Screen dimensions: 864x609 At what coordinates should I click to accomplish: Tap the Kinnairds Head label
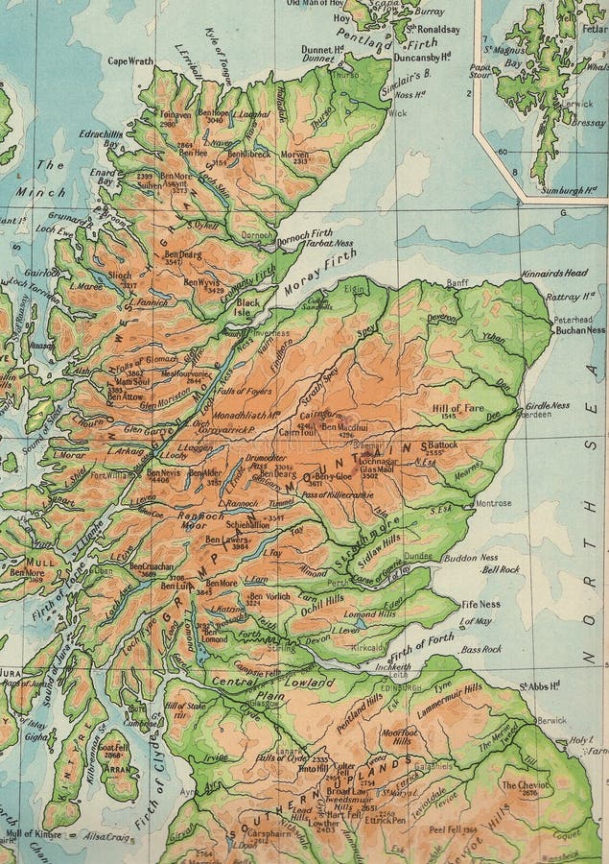pyautogui.click(x=554, y=274)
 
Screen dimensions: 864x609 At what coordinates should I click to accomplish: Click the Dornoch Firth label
pyautogui.click(x=314, y=230)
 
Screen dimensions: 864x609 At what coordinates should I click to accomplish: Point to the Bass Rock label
pyautogui.click(x=480, y=649)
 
